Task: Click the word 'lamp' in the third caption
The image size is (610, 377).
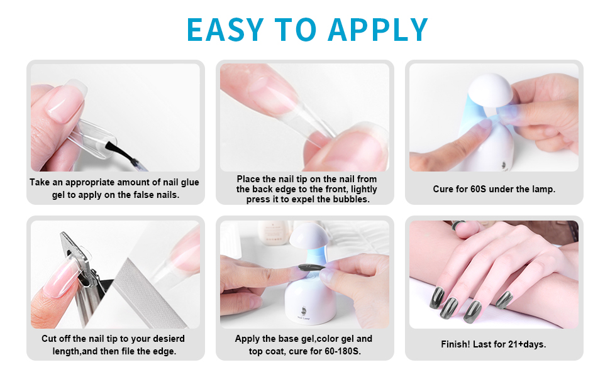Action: click(542, 188)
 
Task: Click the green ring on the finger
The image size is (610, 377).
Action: click(457, 224)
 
